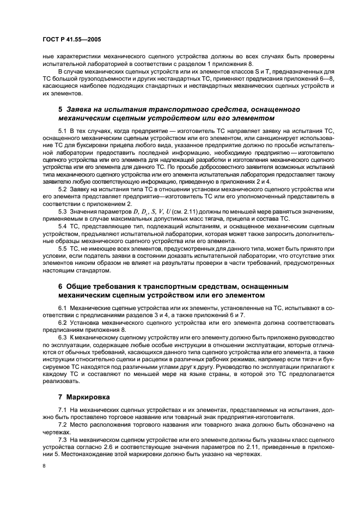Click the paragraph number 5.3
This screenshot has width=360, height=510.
tap(63, 210)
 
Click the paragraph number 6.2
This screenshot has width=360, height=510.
tap(63, 323)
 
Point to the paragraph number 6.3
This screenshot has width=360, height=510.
tap(63, 337)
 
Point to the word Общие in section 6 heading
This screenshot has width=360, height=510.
tap(82, 286)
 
